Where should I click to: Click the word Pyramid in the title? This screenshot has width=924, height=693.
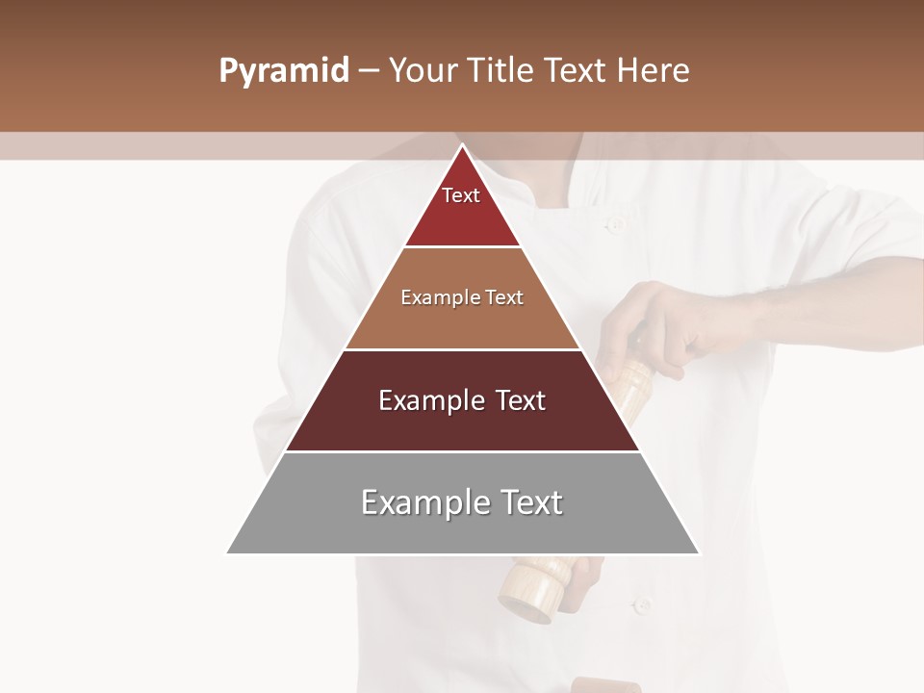[284, 72]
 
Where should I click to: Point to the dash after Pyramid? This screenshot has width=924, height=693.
[369, 72]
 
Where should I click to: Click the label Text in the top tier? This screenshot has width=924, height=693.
[461, 195]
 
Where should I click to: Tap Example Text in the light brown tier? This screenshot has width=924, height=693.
[462, 297]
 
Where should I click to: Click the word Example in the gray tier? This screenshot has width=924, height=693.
[424, 502]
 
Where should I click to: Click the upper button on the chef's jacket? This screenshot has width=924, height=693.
[614, 224]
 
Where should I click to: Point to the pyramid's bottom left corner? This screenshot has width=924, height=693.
[228, 552]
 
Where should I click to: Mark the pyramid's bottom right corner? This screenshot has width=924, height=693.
[698, 552]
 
